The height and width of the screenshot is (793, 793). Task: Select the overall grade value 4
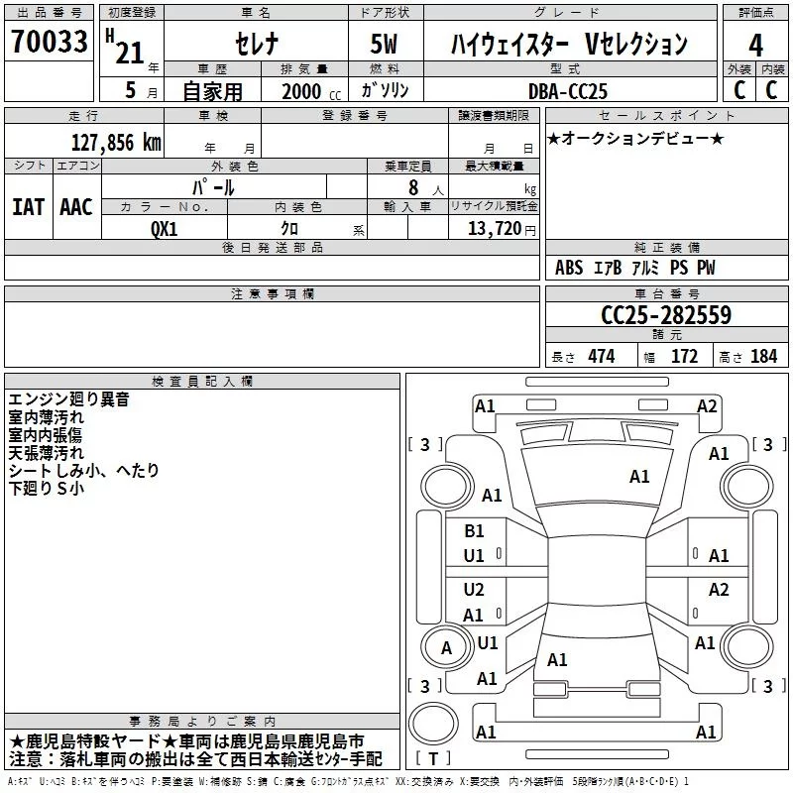point(756,45)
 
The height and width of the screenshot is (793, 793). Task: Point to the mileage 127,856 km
point(116,142)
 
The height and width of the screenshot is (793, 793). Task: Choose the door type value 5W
point(386,45)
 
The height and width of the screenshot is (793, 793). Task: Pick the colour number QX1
point(165,227)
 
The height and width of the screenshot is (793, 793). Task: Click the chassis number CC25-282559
point(666,315)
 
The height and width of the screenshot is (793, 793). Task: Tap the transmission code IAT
point(28,206)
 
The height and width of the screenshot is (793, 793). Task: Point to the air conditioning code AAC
point(75,206)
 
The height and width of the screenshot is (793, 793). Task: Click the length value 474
point(601,357)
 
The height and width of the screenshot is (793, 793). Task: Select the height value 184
point(763,357)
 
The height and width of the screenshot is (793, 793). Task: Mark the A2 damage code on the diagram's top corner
point(707,405)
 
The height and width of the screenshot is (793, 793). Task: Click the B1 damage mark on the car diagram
point(475,530)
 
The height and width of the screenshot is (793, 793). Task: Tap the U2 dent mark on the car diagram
point(475,590)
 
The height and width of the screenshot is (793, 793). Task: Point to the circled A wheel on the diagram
point(446,648)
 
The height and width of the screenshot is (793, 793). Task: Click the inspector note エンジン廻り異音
point(82,400)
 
